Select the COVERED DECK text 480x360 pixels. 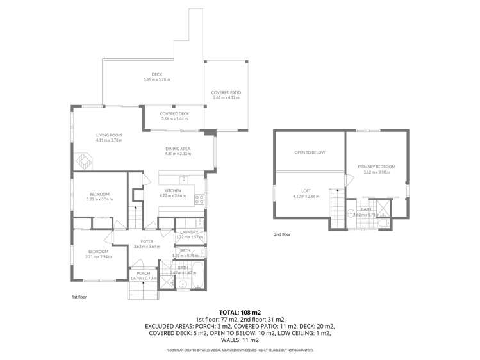(x=174, y=113)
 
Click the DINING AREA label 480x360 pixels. (x=178, y=149)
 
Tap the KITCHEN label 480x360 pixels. (x=172, y=190)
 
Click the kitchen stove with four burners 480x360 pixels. (x=199, y=198)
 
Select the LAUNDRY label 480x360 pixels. (x=189, y=232)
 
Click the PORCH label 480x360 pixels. (x=143, y=273)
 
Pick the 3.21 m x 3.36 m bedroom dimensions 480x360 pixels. (x=99, y=199)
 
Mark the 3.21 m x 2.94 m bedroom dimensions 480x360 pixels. (x=99, y=256)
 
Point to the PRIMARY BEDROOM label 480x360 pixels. (x=376, y=167)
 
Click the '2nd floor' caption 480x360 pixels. (x=281, y=234)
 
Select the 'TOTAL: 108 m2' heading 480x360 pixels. (x=240, y=310)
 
